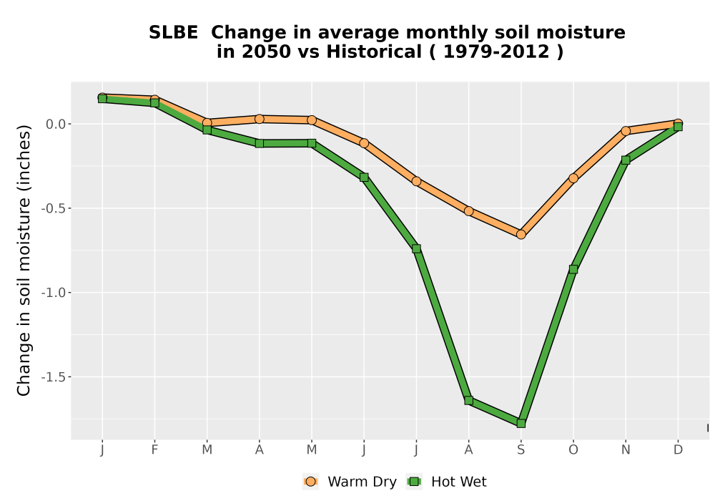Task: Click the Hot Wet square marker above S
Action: point(521,424)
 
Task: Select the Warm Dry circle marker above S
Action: point(521,235)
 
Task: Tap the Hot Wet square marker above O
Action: point(573,269)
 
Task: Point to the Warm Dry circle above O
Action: point(573,178)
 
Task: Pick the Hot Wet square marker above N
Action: point(626,160)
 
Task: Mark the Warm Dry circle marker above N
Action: point(626,131)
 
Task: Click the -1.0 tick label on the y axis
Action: point(54,293)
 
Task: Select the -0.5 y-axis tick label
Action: point(54,208)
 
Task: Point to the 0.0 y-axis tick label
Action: point(56,124)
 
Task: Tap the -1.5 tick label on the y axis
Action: point(54,377)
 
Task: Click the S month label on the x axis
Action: point(521,450)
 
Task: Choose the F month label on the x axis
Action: point(154,450)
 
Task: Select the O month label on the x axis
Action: point(573,450)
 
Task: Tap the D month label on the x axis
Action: point(678,450)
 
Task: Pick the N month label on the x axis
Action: point(626,450)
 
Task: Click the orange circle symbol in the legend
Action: point(310,482)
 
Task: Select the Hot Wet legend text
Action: point(459,482)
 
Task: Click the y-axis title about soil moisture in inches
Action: point(24,260)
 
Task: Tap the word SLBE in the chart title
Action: point(173,32)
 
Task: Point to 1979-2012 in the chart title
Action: point(496,52)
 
